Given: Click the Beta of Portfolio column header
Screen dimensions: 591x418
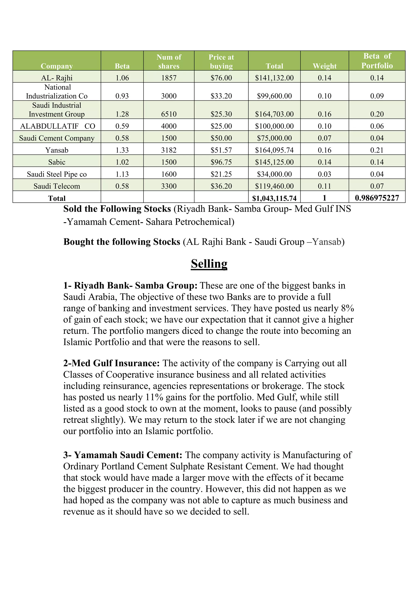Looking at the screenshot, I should point(377,61).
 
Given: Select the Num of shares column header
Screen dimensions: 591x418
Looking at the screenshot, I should point(169,61).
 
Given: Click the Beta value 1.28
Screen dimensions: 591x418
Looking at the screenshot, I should point(122,114).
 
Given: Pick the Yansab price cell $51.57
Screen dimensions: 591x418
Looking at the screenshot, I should point(221,150).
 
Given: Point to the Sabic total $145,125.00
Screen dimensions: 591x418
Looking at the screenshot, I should point(274,162).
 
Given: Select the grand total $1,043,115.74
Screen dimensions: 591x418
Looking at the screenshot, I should point(274,198).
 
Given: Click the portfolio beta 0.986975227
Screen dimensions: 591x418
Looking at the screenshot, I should point(377,198).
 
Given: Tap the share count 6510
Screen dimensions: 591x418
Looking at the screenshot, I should point(169,114).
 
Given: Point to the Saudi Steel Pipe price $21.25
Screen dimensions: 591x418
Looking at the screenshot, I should point(221,174).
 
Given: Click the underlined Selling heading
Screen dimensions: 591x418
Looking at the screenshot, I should point(209,264).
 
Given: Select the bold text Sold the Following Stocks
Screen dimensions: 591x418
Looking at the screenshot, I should point(117,209).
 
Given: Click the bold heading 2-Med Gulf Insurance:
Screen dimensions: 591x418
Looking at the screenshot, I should point(111,363).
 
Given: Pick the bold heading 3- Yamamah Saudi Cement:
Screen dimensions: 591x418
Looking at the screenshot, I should point(123,455).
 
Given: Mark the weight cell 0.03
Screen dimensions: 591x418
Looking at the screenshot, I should point(324,174).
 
